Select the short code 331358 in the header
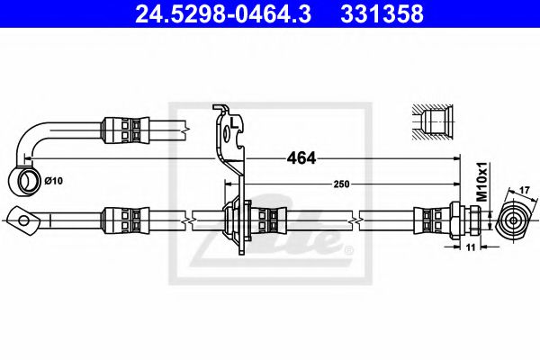click(392, 15)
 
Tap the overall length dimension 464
click(301, 158)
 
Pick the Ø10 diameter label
click(55, 181)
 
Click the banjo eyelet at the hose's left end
click(22, 217)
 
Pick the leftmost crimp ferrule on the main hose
click(122, 218)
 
